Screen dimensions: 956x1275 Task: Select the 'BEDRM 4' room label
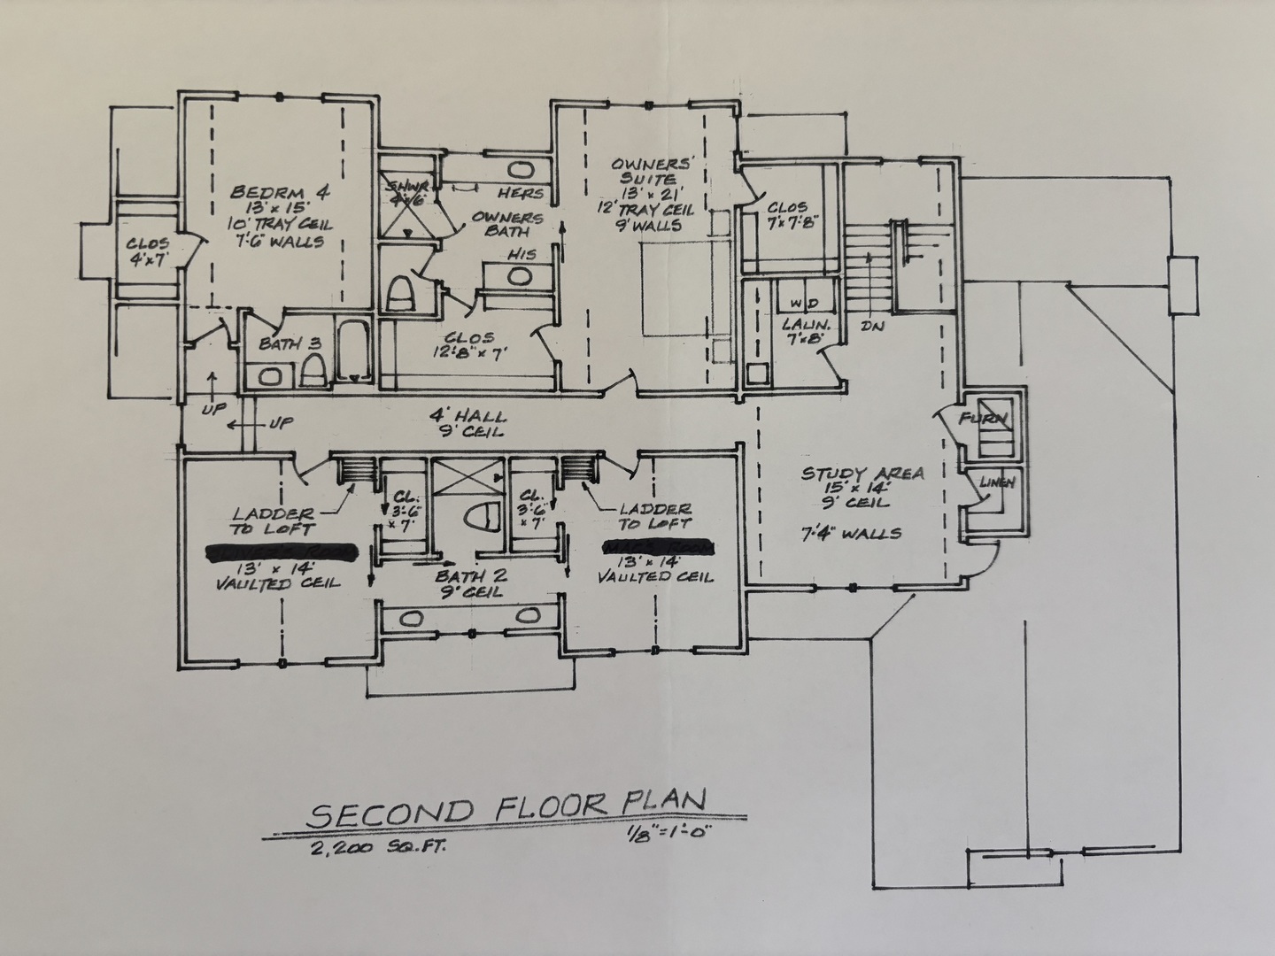coord(264,192)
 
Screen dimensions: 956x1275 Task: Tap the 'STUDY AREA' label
coord(862,474)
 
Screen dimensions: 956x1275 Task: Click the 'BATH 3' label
coord(290,343)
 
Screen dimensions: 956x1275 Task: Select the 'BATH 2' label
coord(470,574)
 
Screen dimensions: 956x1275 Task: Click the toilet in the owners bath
coord(400,294)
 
